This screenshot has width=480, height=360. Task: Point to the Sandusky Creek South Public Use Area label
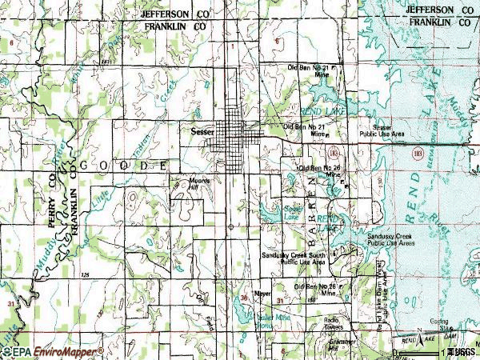tap(294, 258)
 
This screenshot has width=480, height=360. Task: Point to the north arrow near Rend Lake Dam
tap(418, 331)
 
